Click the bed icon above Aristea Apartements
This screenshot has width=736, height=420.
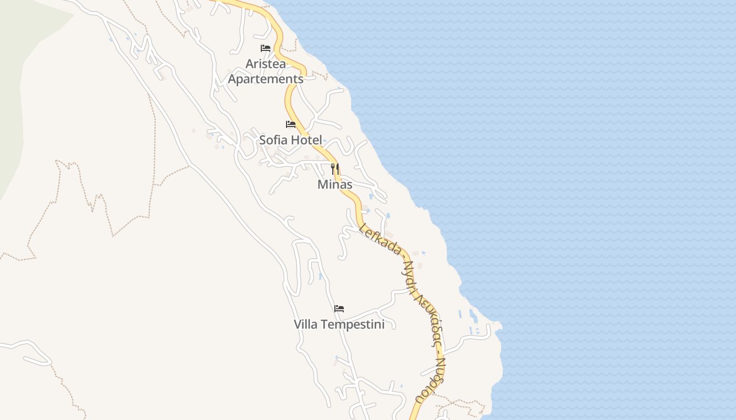coord(265,48)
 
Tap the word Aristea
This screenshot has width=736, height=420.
coord(265,64)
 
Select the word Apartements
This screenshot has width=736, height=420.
coord(265,79)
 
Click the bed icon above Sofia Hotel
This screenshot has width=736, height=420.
coord(291,124)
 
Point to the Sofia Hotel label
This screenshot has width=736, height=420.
coord(290,140)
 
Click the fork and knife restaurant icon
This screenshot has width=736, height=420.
coord(335,169)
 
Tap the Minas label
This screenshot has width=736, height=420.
coord(335,185)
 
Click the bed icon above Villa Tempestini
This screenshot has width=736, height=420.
coord(339,309)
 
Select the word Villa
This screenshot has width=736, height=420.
coord(305,324)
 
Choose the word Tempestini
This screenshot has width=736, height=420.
coord(352,324)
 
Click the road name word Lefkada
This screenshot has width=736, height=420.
coord(380,239)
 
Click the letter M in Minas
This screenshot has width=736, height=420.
coord(322,185)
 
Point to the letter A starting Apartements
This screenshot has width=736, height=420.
coord(232,79)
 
